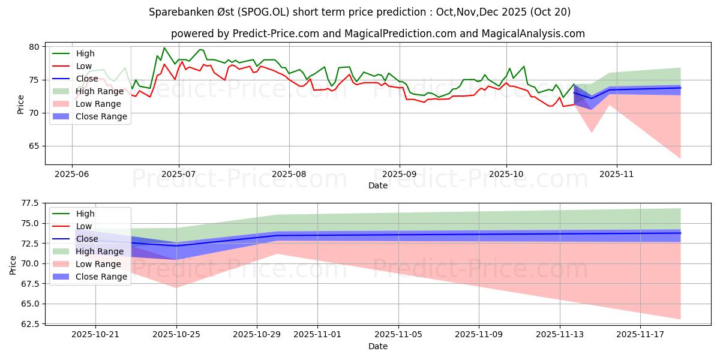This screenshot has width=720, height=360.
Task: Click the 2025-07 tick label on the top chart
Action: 178,173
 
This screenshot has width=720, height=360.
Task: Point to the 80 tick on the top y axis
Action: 34,47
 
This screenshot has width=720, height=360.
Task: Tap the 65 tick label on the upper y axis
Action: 34,146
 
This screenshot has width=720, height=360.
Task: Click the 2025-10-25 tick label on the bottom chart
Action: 176,334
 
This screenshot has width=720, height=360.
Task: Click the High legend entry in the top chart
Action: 85,53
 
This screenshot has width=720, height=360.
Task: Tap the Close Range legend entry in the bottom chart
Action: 101,277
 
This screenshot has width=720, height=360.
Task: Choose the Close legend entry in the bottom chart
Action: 87,239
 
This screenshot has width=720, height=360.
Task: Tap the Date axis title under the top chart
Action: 378,185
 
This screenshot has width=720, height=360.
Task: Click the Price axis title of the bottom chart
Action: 13,265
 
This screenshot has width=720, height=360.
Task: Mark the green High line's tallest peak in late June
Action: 164,48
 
